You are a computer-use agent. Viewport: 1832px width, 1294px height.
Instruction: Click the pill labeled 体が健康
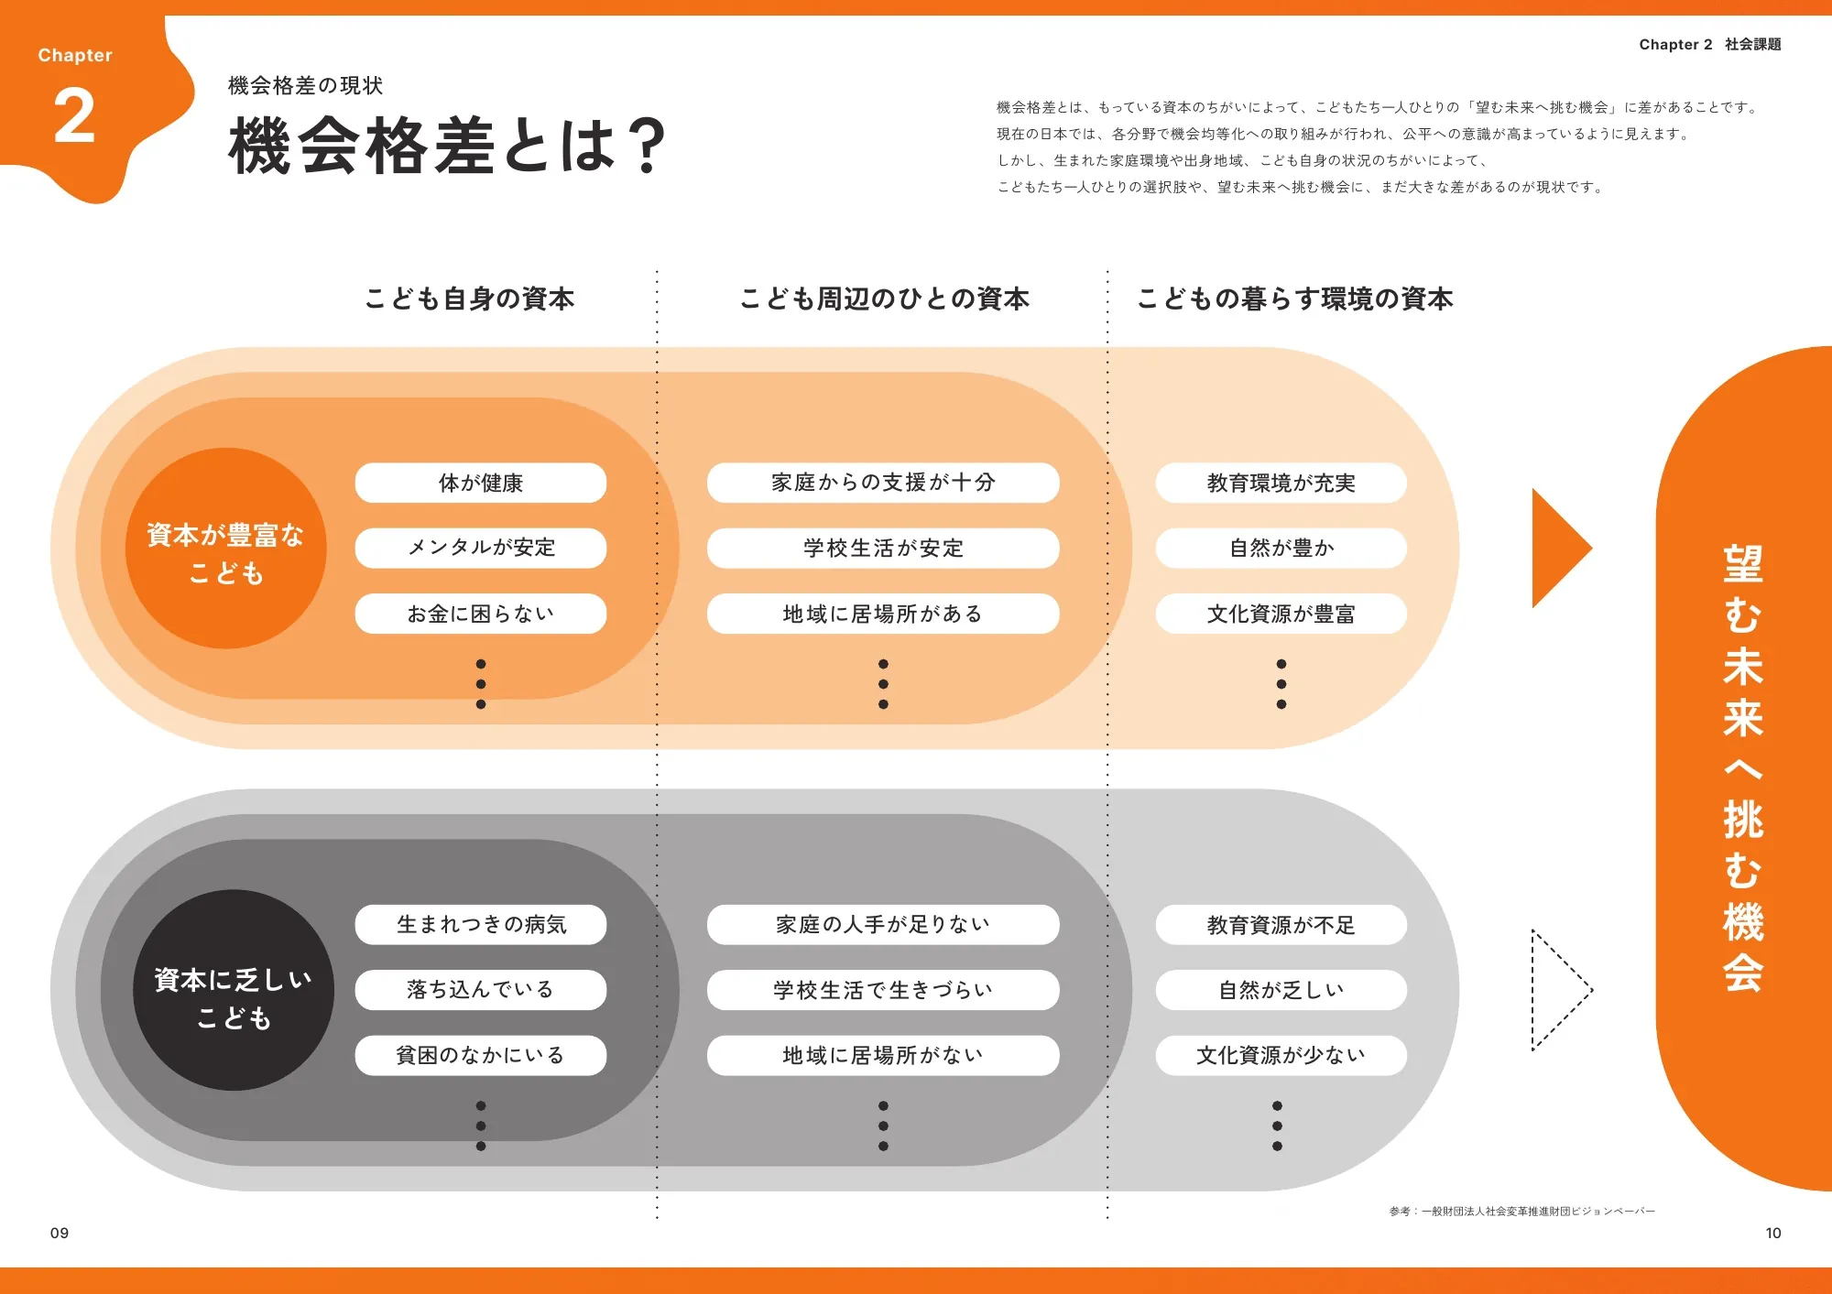481,483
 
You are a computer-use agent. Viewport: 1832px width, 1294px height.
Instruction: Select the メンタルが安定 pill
481,548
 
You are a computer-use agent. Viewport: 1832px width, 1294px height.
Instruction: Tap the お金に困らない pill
481,614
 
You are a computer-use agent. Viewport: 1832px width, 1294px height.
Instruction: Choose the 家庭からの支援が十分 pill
883,483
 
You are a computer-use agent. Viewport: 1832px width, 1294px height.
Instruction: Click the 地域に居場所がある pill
883,614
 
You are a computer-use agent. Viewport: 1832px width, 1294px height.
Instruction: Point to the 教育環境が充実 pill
1281,483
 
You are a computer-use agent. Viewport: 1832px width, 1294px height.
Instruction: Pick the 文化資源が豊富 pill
1281,614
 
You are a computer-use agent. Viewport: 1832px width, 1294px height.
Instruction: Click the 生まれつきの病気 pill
481,925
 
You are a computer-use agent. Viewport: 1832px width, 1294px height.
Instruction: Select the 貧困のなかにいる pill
481,1055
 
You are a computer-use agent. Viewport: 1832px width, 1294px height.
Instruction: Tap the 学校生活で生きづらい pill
883,990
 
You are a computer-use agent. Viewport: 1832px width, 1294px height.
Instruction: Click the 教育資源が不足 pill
1281,925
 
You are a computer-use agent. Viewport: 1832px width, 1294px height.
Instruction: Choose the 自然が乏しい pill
1281,990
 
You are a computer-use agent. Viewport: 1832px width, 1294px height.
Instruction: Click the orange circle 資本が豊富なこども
226,549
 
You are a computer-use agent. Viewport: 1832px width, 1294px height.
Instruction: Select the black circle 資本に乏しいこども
234,990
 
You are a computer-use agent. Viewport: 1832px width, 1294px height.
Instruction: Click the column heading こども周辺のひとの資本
884,299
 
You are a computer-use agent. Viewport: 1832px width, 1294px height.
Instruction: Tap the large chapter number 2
74,116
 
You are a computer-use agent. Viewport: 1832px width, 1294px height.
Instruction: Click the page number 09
60,1233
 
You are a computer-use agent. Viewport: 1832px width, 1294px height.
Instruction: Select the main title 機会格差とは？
447,145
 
